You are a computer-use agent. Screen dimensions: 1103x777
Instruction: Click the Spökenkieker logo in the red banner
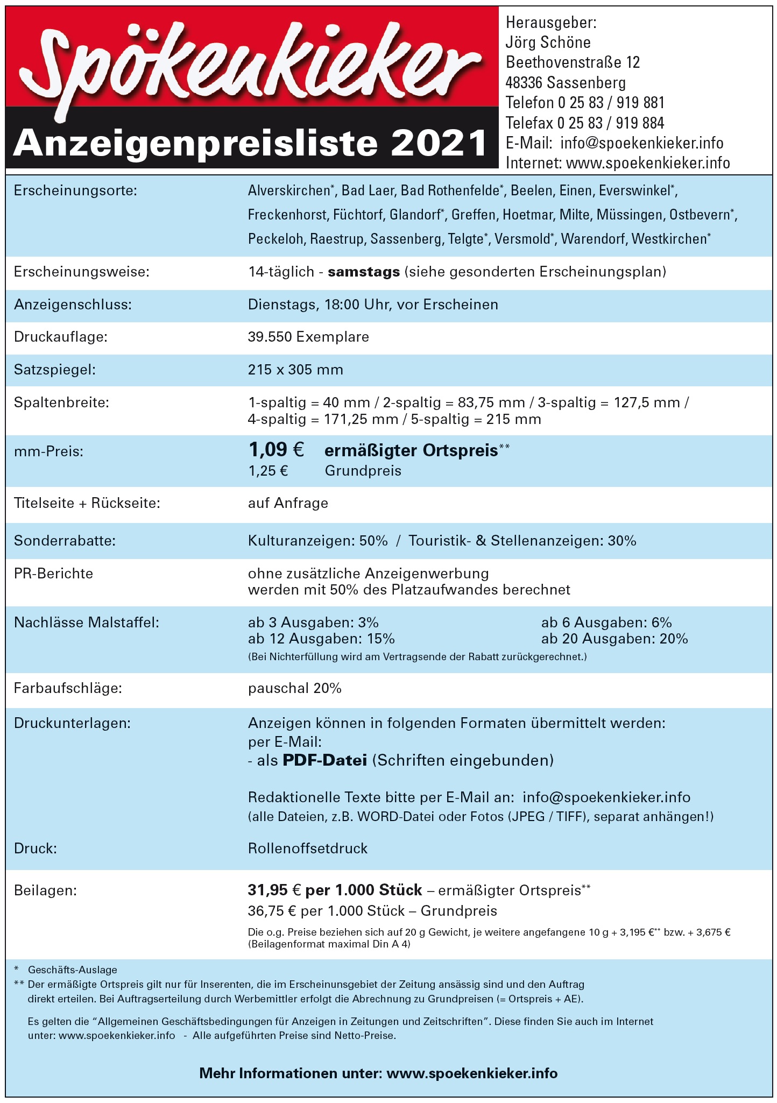(x=248, y=65)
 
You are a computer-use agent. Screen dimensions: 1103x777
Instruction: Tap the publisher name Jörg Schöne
(x=548, y=43)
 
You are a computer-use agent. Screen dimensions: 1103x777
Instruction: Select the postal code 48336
(x=524, y=83)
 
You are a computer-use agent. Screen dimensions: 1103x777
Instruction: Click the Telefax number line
(x=584, y=123)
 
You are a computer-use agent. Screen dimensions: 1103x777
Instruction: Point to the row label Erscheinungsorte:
(x=75, y=190)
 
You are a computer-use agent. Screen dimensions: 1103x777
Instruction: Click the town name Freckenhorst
(x=287, y=215)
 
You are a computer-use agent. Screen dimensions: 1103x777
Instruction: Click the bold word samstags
(x=364, y=272)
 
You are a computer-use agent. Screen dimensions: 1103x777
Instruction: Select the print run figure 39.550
(x=270, y=337)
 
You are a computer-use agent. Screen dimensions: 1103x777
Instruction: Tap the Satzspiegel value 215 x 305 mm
(x=295, y=370)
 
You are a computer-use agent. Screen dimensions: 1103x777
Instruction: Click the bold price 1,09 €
(x=276, y=449)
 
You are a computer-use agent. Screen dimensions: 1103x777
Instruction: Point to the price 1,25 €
(x=268, y=471)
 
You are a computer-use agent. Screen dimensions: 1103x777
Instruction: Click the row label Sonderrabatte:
(x=65, y=541)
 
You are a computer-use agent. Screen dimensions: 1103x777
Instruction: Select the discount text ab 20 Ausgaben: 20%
(x=614, y=639)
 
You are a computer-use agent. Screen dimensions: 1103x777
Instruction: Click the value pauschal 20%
(x=295, y=689)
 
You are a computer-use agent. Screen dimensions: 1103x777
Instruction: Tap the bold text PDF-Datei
(x=325, y=761)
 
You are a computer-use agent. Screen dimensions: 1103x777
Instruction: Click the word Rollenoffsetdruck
(x=308, y=849)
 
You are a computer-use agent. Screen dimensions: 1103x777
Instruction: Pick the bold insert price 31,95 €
(x=274, y=890)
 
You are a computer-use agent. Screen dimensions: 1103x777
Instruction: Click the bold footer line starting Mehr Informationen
(x=378, y=1073)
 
